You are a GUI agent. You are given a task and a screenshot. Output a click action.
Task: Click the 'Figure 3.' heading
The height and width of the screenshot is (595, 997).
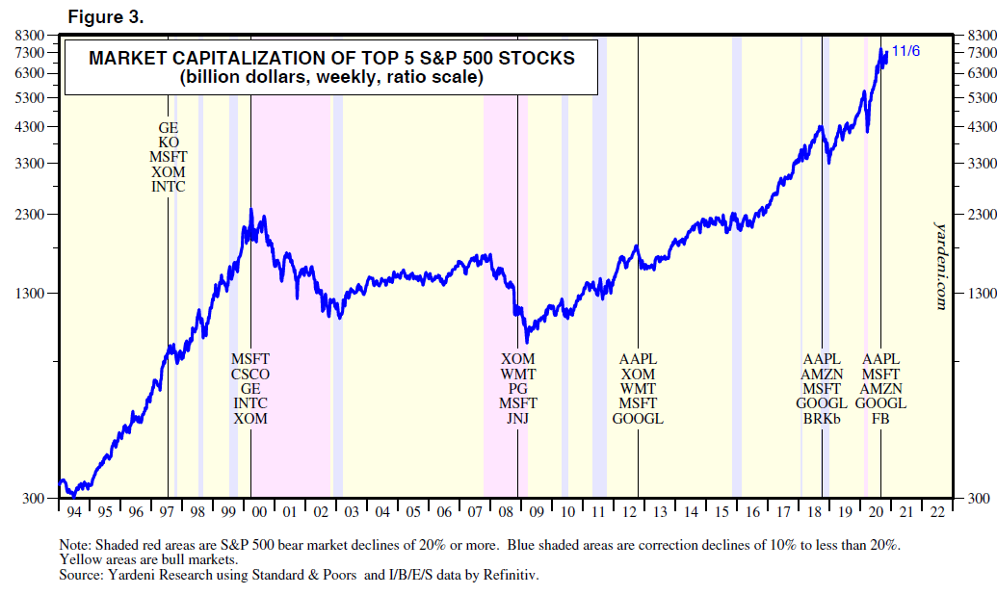[105, 16]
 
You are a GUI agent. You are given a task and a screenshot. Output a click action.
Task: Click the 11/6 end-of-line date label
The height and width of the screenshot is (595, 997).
[905, 51]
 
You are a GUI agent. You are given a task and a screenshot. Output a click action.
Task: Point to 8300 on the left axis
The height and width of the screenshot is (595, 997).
[32, 36]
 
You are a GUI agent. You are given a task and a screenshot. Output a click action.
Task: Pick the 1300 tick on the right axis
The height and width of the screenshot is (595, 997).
[978, 293]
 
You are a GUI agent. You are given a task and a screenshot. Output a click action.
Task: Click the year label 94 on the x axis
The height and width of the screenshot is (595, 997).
[72, 512]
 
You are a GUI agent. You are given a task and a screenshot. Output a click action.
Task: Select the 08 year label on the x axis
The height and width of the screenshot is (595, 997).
[506, 512]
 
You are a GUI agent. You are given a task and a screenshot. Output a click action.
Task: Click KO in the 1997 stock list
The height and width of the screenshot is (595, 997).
[169, 142]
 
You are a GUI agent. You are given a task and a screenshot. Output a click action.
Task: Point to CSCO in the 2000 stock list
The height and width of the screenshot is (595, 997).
[250, 374]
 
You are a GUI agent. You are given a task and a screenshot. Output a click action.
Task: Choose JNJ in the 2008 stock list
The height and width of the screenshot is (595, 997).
[518, 419]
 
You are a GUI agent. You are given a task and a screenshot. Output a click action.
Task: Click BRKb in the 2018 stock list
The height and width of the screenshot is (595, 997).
[822, 419]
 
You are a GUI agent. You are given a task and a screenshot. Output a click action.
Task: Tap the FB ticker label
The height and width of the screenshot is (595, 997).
[880, 419]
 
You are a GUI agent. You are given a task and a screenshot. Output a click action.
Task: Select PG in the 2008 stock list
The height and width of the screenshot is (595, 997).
[518, 388]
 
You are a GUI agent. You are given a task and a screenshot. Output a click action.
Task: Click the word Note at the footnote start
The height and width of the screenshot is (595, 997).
[74, 544]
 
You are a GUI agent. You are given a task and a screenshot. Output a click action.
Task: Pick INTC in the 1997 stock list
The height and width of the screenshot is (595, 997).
[169, 187]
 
